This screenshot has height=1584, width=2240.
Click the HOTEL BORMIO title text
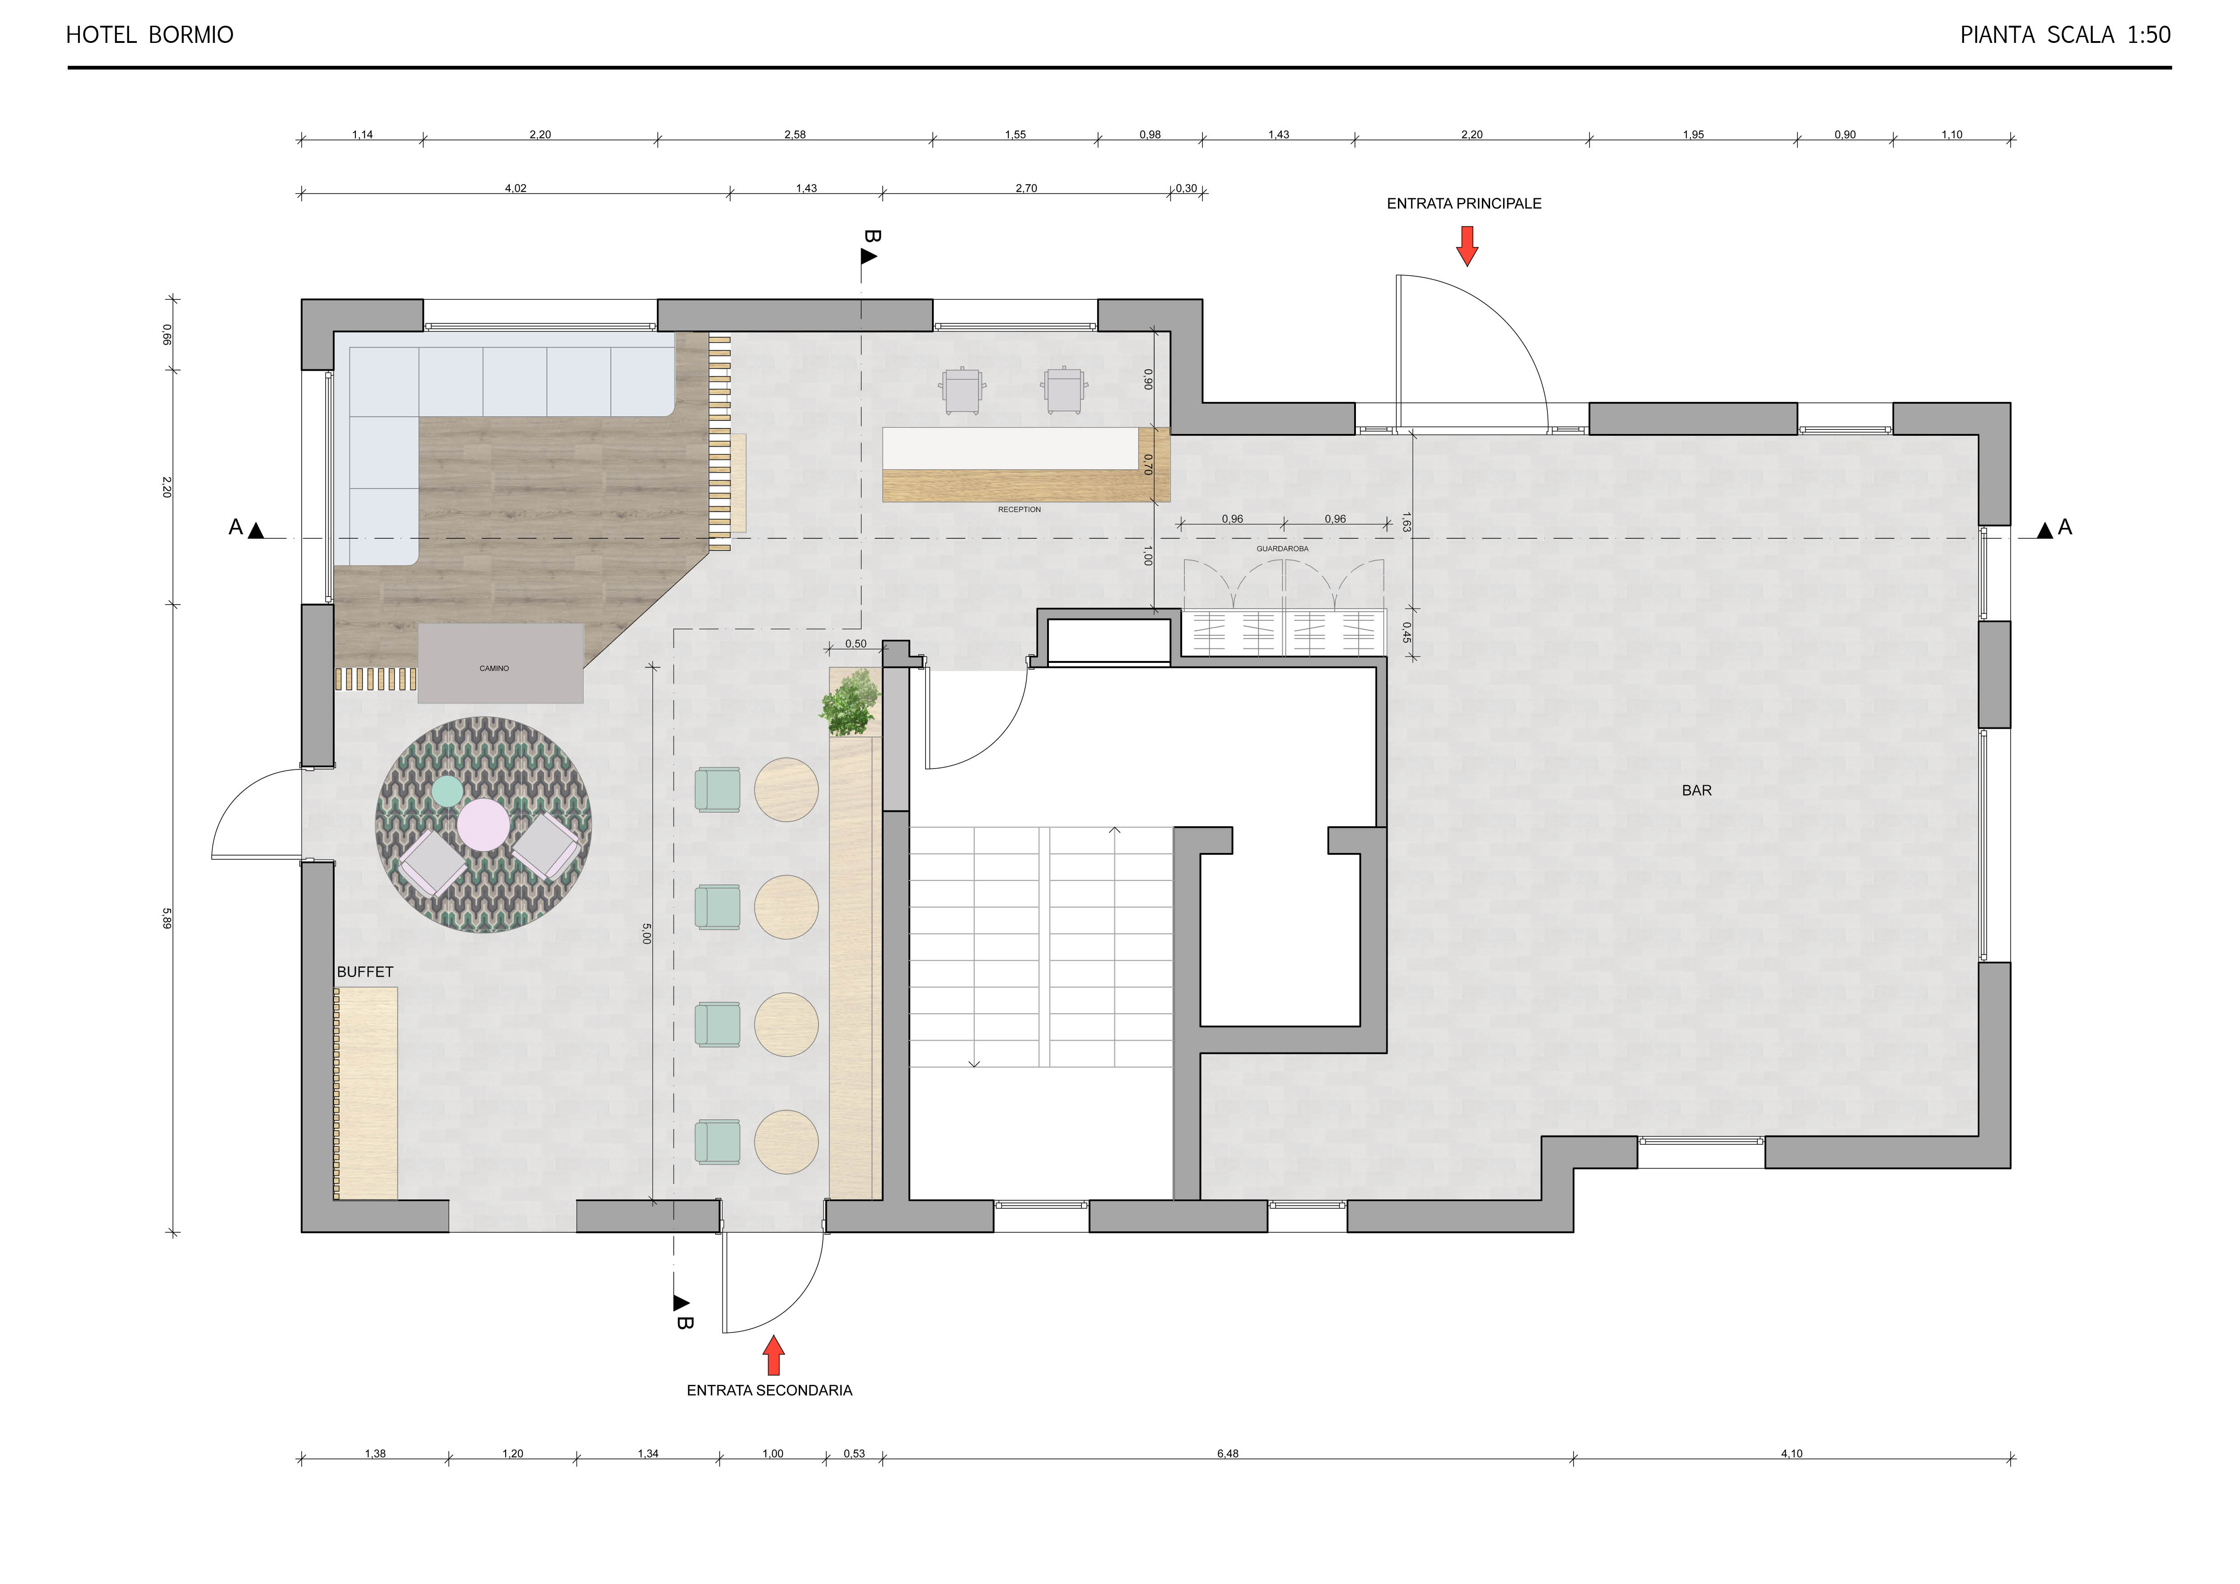pyautogui.click(x=149, y=35)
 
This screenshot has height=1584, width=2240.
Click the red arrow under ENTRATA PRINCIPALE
pyautogui.click(x=1467, y=246)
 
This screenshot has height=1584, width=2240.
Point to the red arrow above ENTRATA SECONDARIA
pyautogui.click(x=773, y=1355)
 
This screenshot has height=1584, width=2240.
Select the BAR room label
pyautogui.click(x=1696, y=790)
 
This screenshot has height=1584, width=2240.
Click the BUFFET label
pyautogui.click(x=365, y=971)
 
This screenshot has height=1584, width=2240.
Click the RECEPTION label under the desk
pyautogui.click(x=1020, y=509)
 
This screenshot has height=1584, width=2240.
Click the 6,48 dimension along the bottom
pyautogui.click(x=1227, y=1454)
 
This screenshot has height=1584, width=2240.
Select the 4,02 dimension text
pyautogui.click(x=515, y=188)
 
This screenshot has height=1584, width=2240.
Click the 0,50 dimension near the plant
pyautogui.click(x=856, y=644)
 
